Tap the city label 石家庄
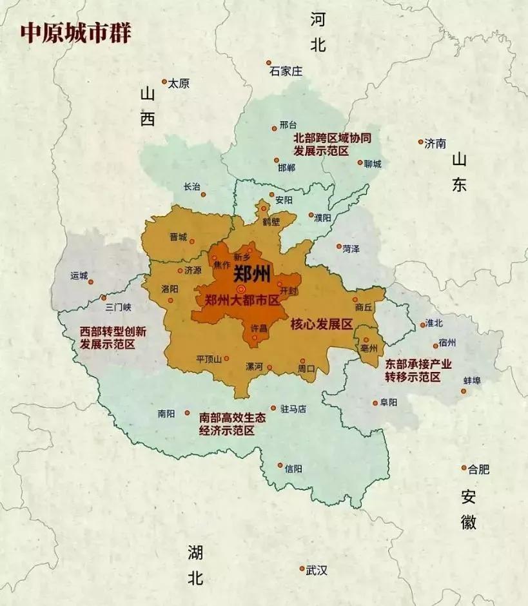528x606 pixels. tap(286, 72)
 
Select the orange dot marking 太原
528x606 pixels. tap(164, 82)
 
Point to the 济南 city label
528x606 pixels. tap(435, 144)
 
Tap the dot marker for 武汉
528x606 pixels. tap(302, 569)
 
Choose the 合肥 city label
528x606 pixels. tap(479, 469)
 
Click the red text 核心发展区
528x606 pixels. tap(321, 324)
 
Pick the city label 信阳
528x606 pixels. tap(293, 469)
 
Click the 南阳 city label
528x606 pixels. tap(166, 414)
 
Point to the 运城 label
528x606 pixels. tap(79, 275)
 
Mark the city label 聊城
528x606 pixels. tap(373, 164)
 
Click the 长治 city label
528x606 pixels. tap(192, 187)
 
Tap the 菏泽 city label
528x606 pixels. tap(351, 248)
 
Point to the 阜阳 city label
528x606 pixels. tap(389, 402)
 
